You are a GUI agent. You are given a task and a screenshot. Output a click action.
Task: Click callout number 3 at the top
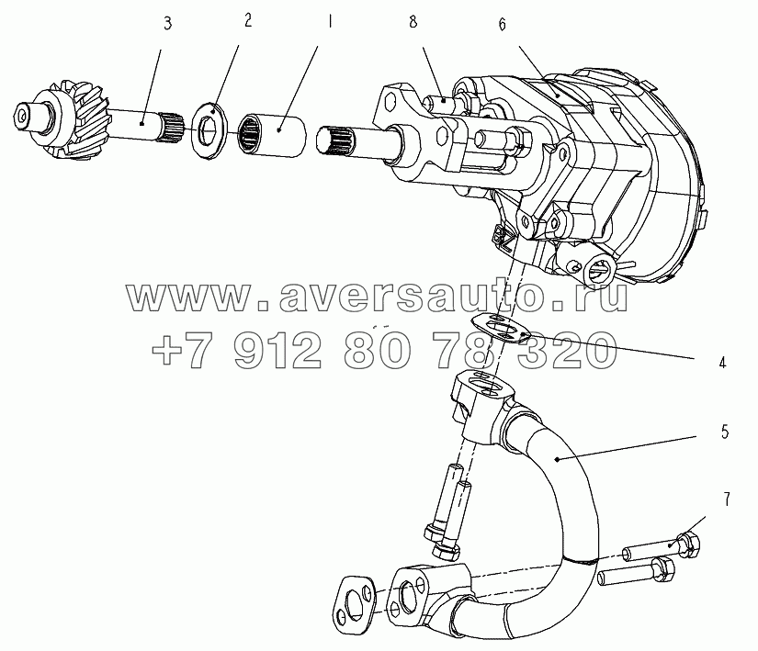point(167,24)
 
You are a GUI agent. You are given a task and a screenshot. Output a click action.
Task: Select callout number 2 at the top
point(247,21)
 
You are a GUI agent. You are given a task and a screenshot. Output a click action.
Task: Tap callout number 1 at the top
point(330,21)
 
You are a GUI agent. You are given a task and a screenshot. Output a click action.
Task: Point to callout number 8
point(413,22)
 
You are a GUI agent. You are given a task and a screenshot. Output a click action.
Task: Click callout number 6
point(503,25)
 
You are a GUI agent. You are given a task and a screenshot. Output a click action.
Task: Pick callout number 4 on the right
point(722,363)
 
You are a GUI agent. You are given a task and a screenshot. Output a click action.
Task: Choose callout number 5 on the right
point(725,432)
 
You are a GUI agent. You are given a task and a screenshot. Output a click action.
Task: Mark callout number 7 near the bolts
point(726,499)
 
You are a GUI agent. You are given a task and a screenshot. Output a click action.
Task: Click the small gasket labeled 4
point(502,328)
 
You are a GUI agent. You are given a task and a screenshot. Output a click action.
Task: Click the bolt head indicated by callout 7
point(688,544)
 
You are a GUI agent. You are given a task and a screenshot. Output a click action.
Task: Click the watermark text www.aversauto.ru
point(377,297)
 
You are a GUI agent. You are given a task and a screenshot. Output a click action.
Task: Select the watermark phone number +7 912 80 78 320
point(384,350)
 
